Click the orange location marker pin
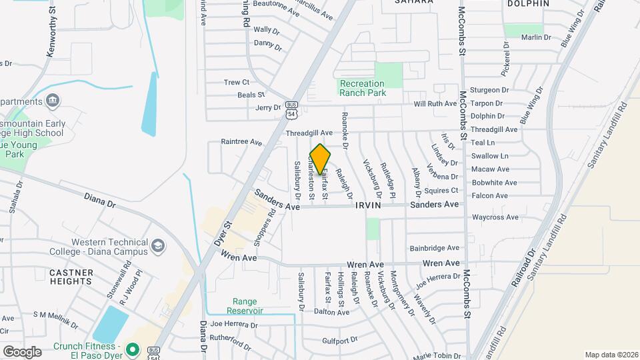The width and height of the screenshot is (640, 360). (x=320, y=159)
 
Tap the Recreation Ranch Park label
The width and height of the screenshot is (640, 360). (x=363, y=88)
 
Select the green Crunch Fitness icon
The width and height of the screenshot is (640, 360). (x=132, y=349)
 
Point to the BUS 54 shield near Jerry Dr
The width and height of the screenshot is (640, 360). (x=291, y=110)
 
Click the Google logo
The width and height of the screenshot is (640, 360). (x=22, y=351)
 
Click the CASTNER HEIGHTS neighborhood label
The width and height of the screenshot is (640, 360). (x=70, y=277)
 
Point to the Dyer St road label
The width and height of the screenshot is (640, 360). (x=223, y=235)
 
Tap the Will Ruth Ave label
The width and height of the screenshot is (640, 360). (x=435, y=104)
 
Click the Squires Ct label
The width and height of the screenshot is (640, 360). (x=483, y=190)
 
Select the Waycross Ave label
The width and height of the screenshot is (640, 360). (x=495, y=217)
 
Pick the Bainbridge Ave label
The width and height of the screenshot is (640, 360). (x=435, y=247)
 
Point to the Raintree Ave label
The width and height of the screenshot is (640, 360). (x=241, y=142)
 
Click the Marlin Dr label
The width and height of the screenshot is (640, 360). (x=537, y=37)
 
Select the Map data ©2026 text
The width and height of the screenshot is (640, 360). (x=611, y=355)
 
